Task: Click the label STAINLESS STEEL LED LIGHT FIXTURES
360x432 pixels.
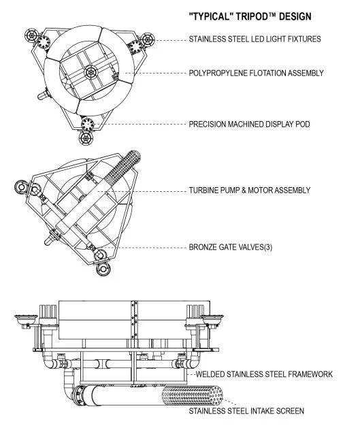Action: click(x=255, y=39)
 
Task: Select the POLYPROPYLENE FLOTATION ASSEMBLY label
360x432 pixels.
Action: click(x=256, y=73)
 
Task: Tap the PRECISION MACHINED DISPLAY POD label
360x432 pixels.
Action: click(x=250, y=124)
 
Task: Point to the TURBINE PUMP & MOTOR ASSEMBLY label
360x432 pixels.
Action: click(x=250, y=190)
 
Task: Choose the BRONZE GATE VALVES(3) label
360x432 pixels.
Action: click(x=231, y=247)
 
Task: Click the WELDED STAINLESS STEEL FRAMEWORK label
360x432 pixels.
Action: click(x=264, y=374)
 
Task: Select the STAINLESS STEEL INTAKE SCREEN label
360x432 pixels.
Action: click(x=246, y=411)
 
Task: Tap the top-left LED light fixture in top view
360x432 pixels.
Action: click(x=31, y=35)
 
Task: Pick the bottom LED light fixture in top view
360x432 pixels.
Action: click(x=86, y=137)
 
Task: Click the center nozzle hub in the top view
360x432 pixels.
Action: click(x=91, y=73)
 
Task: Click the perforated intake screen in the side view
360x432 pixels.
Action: click(x=192, y=395)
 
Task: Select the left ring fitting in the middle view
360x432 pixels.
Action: click(x=21, y=187)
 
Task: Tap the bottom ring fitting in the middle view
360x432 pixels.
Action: click(x=103, y=269)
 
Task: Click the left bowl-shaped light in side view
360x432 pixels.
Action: click(x=26, y=319)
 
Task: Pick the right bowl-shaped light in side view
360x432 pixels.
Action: click(x=212, y=319)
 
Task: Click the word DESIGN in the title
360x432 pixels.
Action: click(x=295, y=16)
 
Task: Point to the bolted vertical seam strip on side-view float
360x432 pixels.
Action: click(x=135, y=320)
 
